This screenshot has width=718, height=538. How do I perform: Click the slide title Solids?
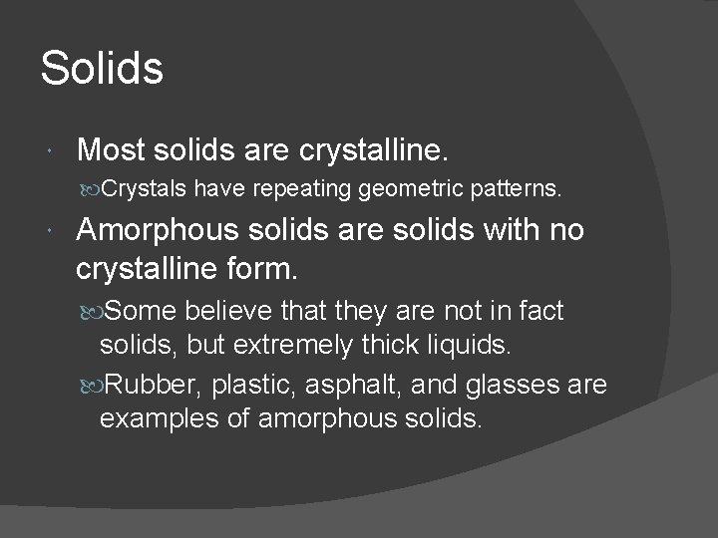pos(101,69)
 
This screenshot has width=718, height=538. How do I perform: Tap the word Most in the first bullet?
pos(110,150)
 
